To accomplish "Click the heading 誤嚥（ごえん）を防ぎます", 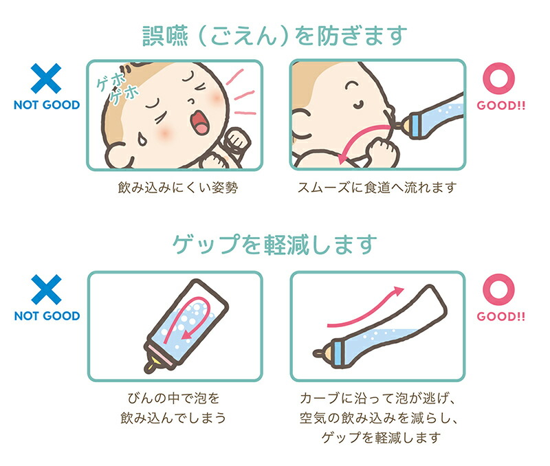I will [x=275, y=34].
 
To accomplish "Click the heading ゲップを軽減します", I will [x=275, y=244].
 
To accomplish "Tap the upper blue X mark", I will [x=46, y=79].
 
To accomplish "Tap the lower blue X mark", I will [x=46, y=291].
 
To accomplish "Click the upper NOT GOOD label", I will [x=46, y=105].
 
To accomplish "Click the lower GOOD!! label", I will [x=500, y=317].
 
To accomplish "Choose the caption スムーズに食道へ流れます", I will [x=377, y=187].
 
